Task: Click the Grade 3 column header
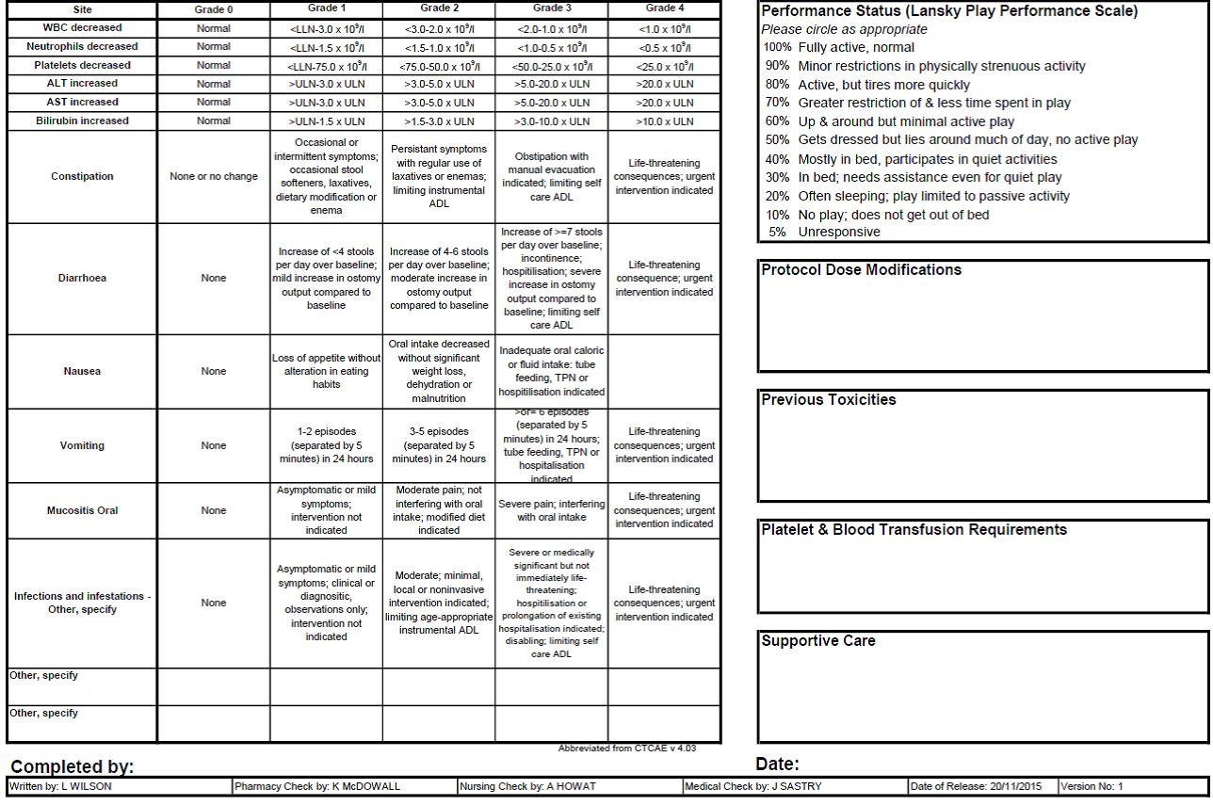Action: pos(551,8)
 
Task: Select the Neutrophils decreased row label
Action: pos(82,46)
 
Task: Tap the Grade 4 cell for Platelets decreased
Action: pos(664,66)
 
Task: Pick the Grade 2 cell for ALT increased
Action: pos(439,84)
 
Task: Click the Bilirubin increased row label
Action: pos(82,121)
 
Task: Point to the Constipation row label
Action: pos(82,176)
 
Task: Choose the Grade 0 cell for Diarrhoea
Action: pos(214,278)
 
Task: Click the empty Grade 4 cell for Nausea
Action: pos(664,371)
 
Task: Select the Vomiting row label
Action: pos(82,445)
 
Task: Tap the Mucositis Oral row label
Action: pos(82,510)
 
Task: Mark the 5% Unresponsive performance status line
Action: pos(824,232)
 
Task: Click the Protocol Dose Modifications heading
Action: pos(861,270)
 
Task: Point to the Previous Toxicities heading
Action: pos(829,400)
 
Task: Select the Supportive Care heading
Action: pos(817,641)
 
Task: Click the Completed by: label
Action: pos(72,766)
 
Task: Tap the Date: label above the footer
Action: pos(777,764)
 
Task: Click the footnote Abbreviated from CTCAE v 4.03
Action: pos(626,749)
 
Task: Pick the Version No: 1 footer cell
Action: pos(1092,786)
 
